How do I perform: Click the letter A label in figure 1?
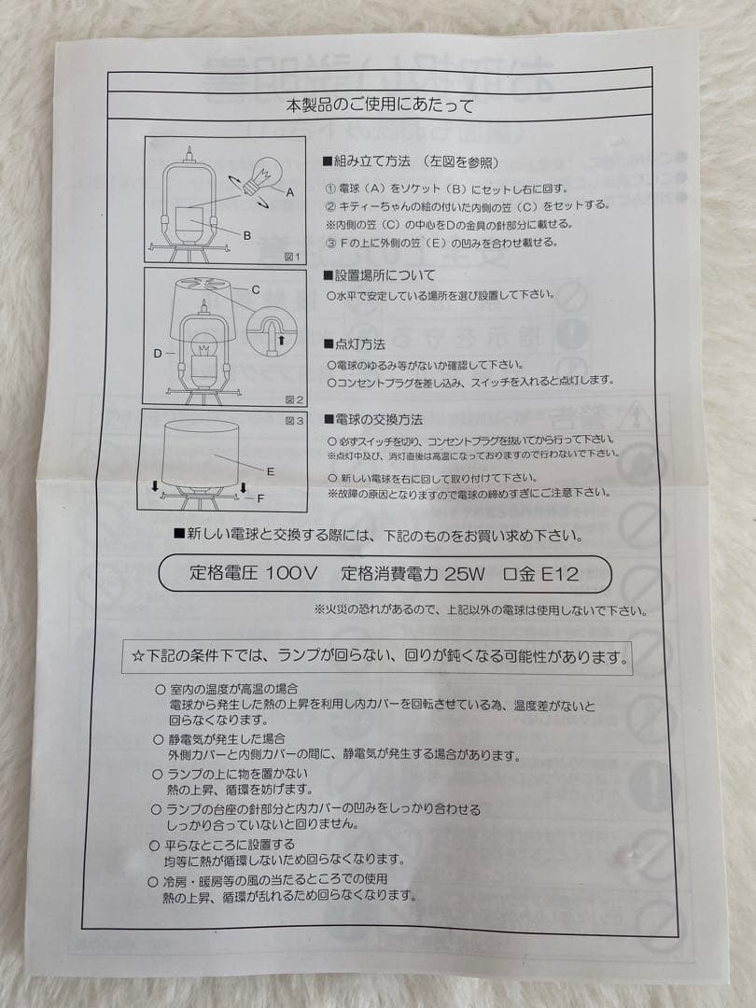point(290,192)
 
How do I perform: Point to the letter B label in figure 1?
point(246,236)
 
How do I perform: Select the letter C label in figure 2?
point(255,290)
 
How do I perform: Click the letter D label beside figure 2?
point(158,354)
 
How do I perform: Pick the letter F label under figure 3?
point(260,498)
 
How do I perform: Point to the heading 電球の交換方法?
point(372,420)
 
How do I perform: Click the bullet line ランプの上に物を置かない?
point(238,774)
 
